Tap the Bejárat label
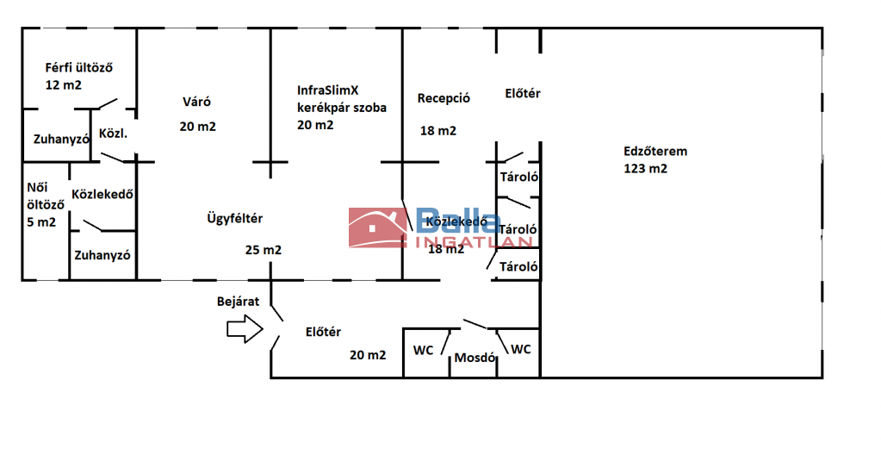pyautogui.click(x=238, y=302)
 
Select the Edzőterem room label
pyautogui.click(x=655, y=152)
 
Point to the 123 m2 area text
pyautogui.click(x=645, y=169)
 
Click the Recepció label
pyautogui.click(x=444, y=98)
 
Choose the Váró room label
pyautogui.click(x=196, y=102)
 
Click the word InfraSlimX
pyautogui.click(x=327, y=90)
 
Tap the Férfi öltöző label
pyautogui.click(x=80, y=67)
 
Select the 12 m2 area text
pyautogui.click(x=63, y=85)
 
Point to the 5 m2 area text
pyautogui.click(x=41, y=222)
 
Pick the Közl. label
pyautogui.click(x=114, y=134)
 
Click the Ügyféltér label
pyautogui.click(x=235, y=219)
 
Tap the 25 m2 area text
pyautogui.click(x=264, y=251)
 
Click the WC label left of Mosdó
pyautogui.click(x=423, y=351)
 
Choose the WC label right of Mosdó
pyautogui.click(x=521, y=349)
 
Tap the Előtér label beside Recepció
pyautogui.click(x=523, y=94)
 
